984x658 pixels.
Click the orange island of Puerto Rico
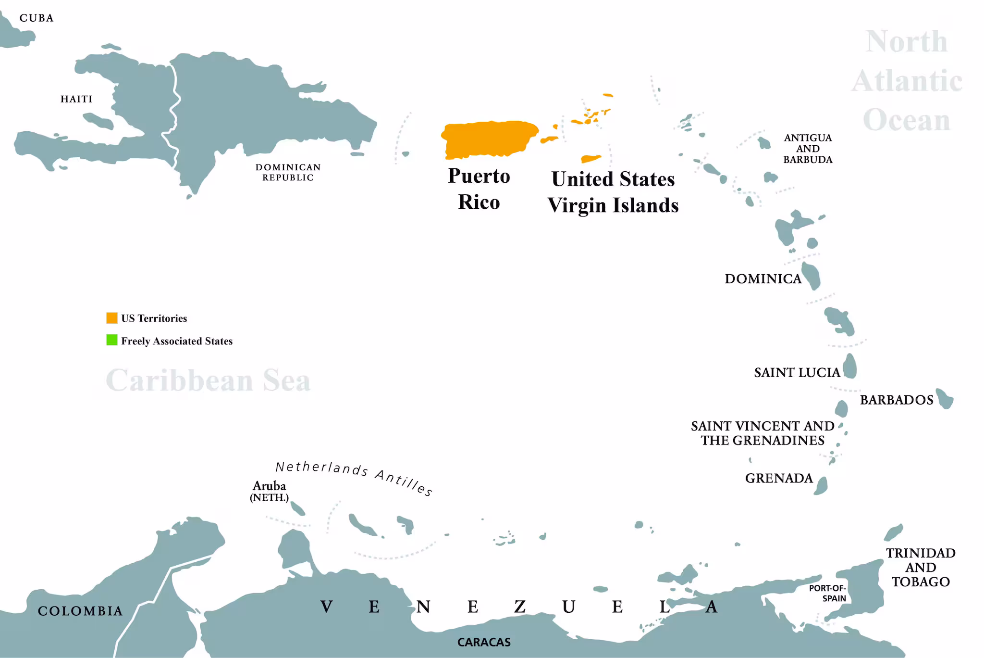click(x=488, y=139)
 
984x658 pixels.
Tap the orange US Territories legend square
click(x=112, y=318)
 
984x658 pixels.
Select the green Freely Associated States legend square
click(x=112, y=340)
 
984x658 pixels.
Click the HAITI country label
click(x=76, y=99)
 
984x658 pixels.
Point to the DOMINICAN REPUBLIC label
click(x=288, y=172)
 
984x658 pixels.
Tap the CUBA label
click(x=37, y=18)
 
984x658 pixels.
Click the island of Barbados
click(x=945, y=399)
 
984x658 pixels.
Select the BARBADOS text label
click(x=897, y=400)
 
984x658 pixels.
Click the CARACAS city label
click(x=484, y=642)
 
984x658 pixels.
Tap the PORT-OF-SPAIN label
click(x=827, y=593)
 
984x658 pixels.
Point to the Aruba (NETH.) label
click(x=270, y=491)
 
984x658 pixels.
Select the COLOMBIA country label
click(x=80, y=611)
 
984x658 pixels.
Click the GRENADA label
click(x=779, y=478)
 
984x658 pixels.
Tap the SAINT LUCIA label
click(x=797, y=373)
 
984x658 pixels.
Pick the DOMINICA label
click(x=763, y=279)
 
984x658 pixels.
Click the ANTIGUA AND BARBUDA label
click(x=808, y=149)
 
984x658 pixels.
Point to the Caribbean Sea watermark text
click(x=208, y=380)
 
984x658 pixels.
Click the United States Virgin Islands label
click(x=613, y=192)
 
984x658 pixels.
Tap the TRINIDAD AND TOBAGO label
click(x=921, y=567)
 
